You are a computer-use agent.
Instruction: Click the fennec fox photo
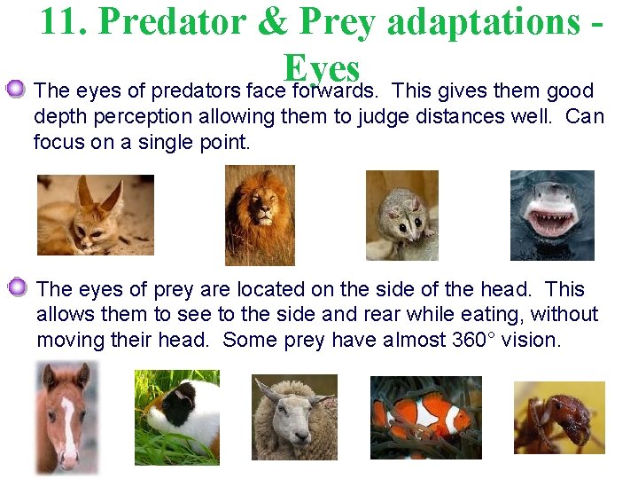click(x=95, y=215)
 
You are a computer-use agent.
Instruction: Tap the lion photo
click(x=259, y=215)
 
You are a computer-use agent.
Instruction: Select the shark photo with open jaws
click(x=551, y=215)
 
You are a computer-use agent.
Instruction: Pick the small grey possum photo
click(x=401, y=215)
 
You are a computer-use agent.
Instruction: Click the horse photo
click(x=67, y=417)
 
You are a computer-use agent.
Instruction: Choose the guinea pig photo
click(x=176, y=417)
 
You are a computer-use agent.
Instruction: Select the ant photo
click(x=559, y=418)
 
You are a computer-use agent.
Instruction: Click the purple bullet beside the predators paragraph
click(x=16, y=89)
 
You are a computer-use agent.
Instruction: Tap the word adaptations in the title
click(x=476, y=21)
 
